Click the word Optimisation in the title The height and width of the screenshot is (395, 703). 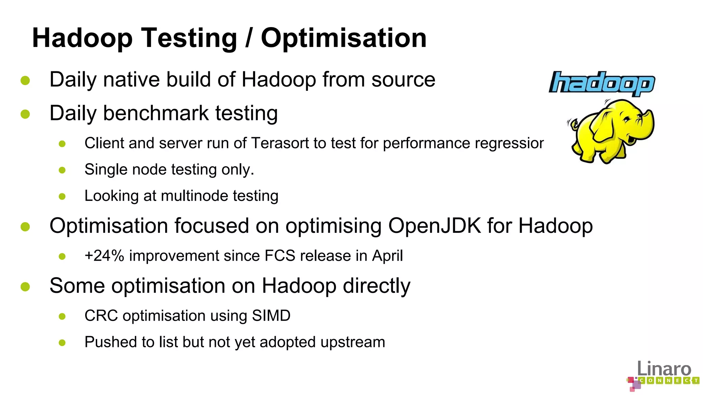pyautogui.click(x=344, y=38)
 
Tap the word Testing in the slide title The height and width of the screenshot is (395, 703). pyautogui.click(x=189, y=38)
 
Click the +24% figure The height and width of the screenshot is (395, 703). pyautogui.click(x=104, y=256)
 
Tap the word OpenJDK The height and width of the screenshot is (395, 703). pyautogui.click(x=435, y=226)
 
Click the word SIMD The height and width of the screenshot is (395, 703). pyautogui.click(x=271, y=315)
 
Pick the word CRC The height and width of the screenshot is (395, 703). pyautogui.click(x=101, y=315)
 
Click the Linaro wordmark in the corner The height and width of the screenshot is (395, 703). pyautogui.click(x=664, y=369)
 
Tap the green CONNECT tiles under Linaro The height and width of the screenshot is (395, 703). pyautogui.click(x=669, y=380)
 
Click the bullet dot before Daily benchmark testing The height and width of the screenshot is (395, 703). pyautogui.click(x=25, y=114)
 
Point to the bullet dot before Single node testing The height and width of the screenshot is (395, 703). pyautogui.click(x=62, y=170)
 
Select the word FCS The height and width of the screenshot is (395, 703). pyautogui.click(x=280, y=256)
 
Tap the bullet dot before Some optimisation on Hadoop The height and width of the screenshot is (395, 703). pyautogui.click(x=25, y=286)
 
